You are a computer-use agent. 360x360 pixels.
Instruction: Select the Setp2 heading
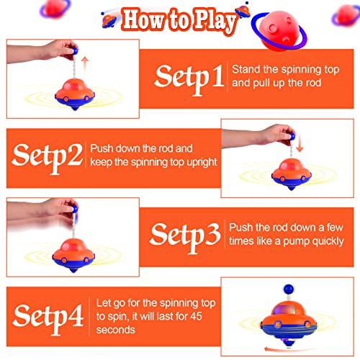(x=47, y=155)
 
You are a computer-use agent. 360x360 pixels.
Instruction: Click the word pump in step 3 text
(x=293, y=241)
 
